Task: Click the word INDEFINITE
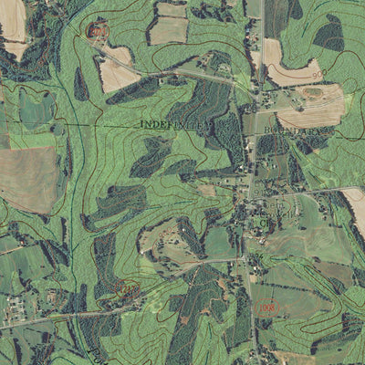coord(174,123)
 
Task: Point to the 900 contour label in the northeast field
coord(318,73)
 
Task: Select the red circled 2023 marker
coord(95,32)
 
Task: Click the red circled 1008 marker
coord(267,311)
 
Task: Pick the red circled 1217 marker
coord(124,290)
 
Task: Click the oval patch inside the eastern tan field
coord(313,92)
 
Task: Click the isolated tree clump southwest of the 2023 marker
coord(80,85)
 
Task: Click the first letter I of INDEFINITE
coord(143,123)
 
